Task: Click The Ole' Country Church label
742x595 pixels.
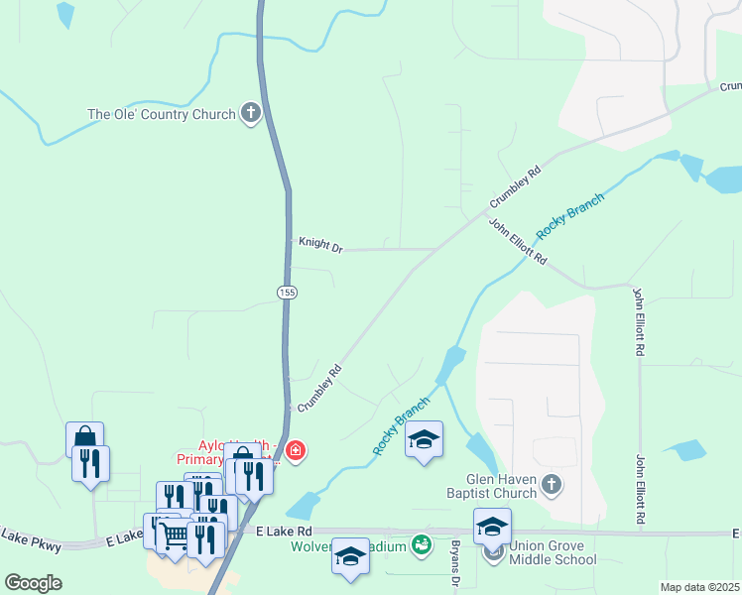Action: pos(162,114)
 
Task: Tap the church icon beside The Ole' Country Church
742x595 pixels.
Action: pos(251,114)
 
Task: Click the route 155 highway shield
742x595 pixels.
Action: pos(287,292)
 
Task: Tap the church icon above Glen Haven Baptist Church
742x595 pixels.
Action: pos(554,485)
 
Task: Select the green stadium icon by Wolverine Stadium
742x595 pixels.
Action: pos(423,544)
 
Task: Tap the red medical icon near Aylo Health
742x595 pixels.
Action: pos(295,452)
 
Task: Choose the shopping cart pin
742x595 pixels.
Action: pos(175,535)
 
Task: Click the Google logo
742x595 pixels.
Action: pos(33,582)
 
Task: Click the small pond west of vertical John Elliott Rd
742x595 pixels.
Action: pos(685,451)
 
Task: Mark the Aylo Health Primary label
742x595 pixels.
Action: pos(208,452)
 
